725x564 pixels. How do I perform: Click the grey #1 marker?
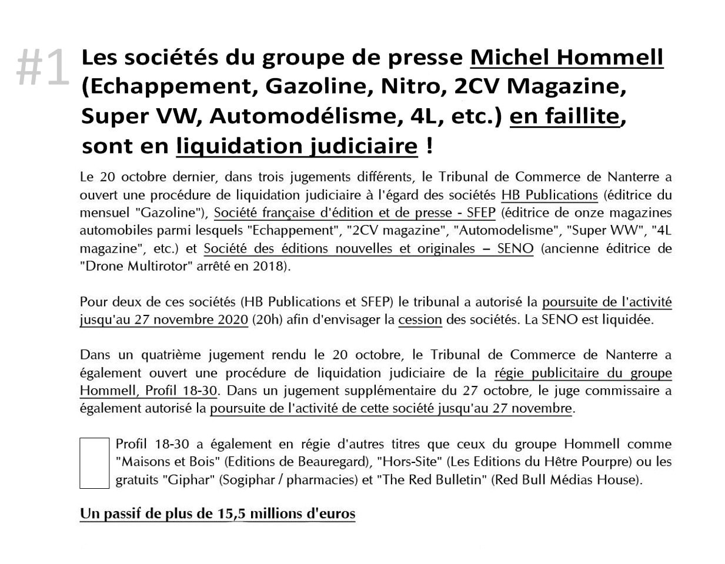click(x=42, y=68)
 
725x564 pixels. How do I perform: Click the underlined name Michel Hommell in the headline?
click(x=566, y=58)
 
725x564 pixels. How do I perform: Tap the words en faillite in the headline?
click(x=564, y=116)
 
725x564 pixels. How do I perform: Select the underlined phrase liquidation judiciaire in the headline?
click(x=296, y=146)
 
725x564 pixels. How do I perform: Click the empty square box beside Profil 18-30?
click(x=94, y=462)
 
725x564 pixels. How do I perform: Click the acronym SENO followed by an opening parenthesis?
click(x=515, y=249)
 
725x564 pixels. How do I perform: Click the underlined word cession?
click(x=420, y=320)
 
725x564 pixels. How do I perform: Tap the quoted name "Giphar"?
click(x=188, y=479)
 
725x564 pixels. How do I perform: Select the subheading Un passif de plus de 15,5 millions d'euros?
click(x=218, y=514)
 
